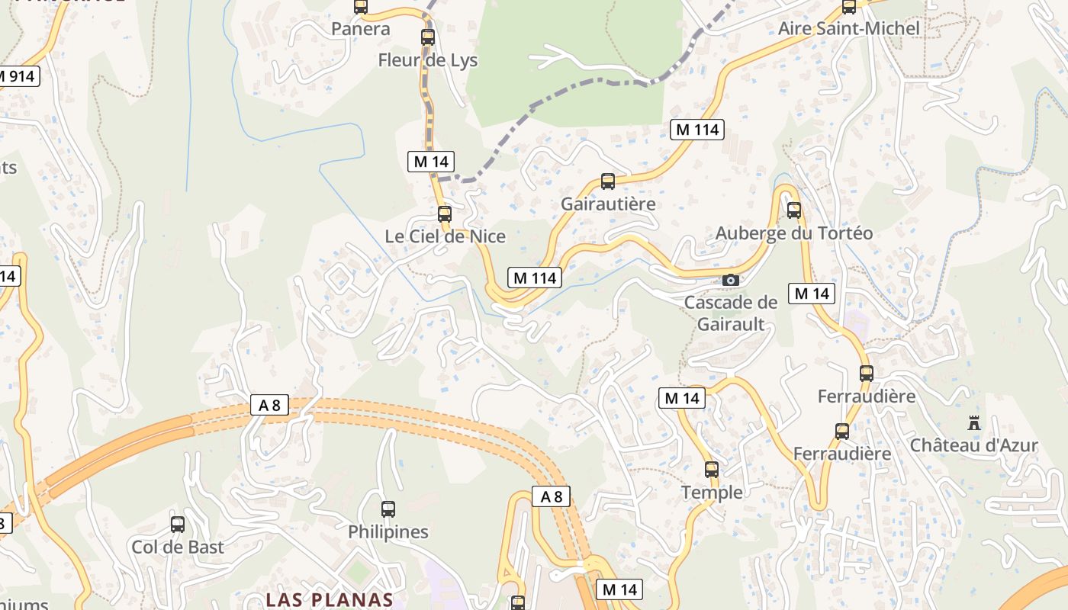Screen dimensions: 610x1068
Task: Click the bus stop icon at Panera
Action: point(361,6)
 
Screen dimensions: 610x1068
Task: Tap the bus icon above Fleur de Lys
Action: point(428,37)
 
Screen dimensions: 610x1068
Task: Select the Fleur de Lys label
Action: point(428,60)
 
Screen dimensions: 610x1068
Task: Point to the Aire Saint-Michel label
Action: point(848,29)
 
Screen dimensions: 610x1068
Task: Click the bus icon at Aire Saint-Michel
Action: point(849,7)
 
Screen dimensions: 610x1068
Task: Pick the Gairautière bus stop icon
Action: point(608,181)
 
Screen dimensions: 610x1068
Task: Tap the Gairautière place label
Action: point(608,204)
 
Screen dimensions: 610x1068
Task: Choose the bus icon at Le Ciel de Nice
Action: point(445,213)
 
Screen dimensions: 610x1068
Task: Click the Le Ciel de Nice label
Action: point(445,236)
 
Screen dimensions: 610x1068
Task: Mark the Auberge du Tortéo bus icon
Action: point(794,210)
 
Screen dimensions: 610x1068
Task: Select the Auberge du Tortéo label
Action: point(794,233)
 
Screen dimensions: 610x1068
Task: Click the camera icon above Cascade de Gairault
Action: point(731,280)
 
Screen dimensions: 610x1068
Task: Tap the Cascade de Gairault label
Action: point(731,313)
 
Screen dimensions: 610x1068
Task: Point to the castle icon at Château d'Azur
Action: point(974,422)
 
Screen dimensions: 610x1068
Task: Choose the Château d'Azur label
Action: point(974,445)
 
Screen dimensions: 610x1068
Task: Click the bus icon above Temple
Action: point(712,470)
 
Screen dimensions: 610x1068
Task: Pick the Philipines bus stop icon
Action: point(388,509)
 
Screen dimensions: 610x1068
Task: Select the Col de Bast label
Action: point(178,547)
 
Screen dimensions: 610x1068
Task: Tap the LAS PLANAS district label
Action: point(329,599)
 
